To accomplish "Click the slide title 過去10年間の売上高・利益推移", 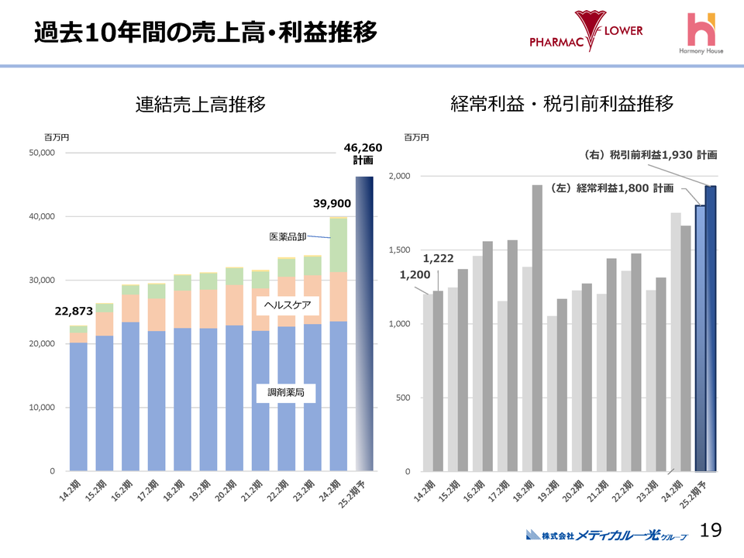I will click(205, 33).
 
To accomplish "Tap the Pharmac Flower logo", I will click(586, 32).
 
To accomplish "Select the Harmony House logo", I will click(703, 34).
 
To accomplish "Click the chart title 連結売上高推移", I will click(200, 105).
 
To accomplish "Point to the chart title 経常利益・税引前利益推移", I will click(562, 105).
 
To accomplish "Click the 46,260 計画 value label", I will click(363, 153).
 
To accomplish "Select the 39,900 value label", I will click(332, 204).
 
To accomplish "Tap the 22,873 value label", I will click(74, 311).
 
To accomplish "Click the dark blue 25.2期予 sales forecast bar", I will click(364, 325).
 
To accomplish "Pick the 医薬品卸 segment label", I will click(289, 236).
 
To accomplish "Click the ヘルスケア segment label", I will click(287, 305).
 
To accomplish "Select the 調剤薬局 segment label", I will click(286, 393).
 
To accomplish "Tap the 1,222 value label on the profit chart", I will click(438, 258).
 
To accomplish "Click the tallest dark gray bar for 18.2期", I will click(537, 325).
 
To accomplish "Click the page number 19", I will click(711, 530).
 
